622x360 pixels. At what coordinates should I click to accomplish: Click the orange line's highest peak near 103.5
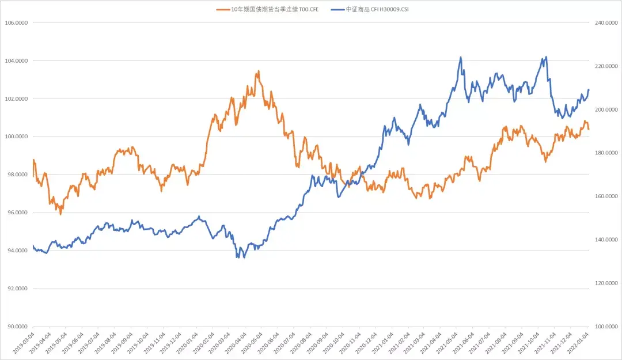click(x=258, y=71)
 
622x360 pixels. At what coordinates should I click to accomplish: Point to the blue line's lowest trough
click(x=237, y=257)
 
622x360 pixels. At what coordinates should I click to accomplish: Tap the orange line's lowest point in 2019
click(x=60, y=214)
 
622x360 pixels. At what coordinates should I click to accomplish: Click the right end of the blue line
click(x=589, y=89)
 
